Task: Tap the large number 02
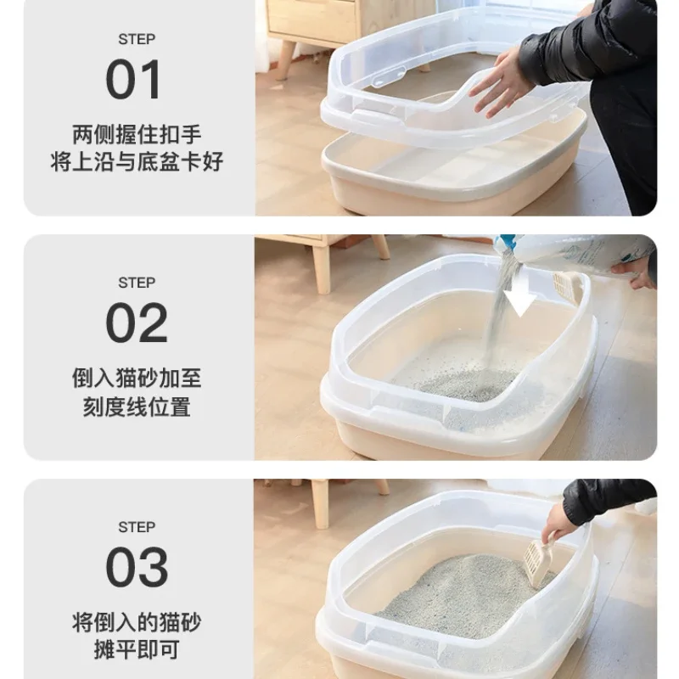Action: pos(137,323)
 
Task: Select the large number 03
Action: pos(137,567)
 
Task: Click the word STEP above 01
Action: pos(137,39)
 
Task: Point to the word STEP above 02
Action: pos(137,282)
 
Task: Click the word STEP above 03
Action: pos(137,527)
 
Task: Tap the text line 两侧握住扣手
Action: pos(137,134)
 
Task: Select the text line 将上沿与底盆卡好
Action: pos(137,162)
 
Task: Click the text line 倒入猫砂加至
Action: pos(137,379)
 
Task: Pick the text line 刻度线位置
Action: pos(137,407)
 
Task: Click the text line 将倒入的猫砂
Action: pos(137,622)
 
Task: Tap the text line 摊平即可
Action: pos(137,651)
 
